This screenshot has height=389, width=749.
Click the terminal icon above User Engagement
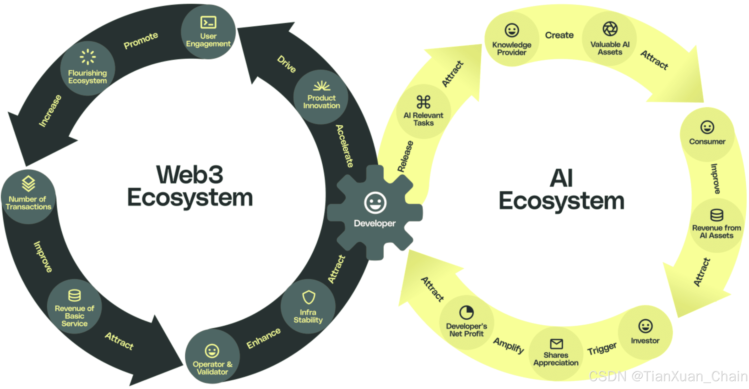tap(208, 22)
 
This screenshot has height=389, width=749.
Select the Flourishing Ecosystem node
tap(88, 69)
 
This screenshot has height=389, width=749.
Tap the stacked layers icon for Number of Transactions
tap(29, 183)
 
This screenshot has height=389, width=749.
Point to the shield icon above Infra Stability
tap(308, 297)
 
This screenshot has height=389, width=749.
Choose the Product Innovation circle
tap(321, 97)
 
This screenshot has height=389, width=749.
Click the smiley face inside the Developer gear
tap(375, 203)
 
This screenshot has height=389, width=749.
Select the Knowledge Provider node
tap(512, 39)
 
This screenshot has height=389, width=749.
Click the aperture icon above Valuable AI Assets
tap(610, 29)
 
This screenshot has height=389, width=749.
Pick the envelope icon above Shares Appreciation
tap(556, 344)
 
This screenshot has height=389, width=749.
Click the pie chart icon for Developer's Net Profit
tap(466, 313)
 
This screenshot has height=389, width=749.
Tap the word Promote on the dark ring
tap(141, 40)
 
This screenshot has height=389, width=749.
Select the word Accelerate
tap(345, 146)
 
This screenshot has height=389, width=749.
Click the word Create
tap(559, 35)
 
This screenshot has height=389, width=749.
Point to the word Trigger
tap(602, 348)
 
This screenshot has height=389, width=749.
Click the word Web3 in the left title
tap(190, 175)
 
